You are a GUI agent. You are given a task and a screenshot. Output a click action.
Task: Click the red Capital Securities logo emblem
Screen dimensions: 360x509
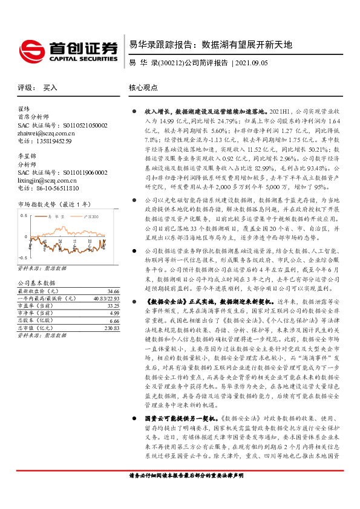coord(30,48)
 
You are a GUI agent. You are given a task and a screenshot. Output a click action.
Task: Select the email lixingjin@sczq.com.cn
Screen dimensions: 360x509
coord(47,180)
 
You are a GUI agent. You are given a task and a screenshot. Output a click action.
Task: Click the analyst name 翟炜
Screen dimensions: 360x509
coord(24,109)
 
